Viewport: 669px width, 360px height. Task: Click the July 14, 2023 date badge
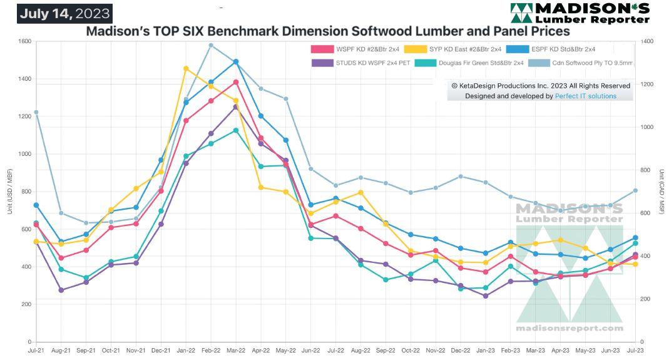coord(64,14)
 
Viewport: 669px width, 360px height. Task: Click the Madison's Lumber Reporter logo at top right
coord(579,13)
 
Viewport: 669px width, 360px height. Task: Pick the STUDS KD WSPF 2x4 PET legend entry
coord(361,63)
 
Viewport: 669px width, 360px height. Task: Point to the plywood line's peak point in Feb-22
coord(211,45)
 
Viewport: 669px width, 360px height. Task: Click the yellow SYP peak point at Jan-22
coord(186,68)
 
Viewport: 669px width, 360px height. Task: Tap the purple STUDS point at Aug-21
coord(61,290)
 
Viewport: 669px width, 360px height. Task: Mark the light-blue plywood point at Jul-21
coord(36,112)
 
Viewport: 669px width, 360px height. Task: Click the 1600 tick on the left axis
coord(24,41)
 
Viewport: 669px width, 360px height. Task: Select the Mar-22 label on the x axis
coord(235,351)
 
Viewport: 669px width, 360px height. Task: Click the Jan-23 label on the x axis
coord(485,351)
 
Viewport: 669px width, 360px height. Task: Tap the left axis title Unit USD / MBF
coord(9,192)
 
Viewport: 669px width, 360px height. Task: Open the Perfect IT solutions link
coord(585,96)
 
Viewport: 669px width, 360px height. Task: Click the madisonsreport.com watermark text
coord(569,328)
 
